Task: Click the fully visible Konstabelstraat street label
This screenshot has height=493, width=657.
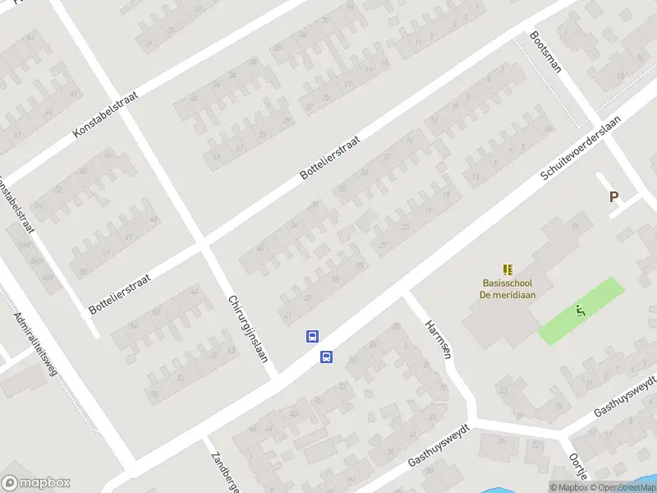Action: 104,113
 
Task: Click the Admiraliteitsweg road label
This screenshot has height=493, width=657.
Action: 35,344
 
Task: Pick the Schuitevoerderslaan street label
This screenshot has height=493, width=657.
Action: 580,148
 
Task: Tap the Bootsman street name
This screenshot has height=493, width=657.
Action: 545,52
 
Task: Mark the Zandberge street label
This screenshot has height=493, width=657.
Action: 223,471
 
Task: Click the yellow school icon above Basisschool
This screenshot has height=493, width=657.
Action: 508,269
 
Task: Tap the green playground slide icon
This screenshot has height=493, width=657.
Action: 581,311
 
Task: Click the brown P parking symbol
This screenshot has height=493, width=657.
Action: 613,197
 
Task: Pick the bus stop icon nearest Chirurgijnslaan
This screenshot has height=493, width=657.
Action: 312,336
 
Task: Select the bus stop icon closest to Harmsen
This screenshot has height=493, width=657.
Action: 326,357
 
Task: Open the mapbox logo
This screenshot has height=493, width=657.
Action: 36,483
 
